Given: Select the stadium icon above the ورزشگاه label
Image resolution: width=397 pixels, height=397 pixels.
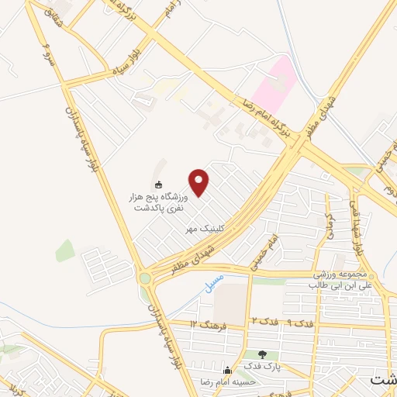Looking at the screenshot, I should [160, 185].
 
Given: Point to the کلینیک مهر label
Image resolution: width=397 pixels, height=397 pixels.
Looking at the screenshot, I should [203, 230].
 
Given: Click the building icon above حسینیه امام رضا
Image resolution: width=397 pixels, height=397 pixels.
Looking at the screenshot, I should [227, 370].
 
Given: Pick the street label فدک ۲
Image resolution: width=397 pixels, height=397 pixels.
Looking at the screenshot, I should [262, 320].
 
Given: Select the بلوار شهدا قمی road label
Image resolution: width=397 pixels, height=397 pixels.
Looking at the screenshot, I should [358, 224].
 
